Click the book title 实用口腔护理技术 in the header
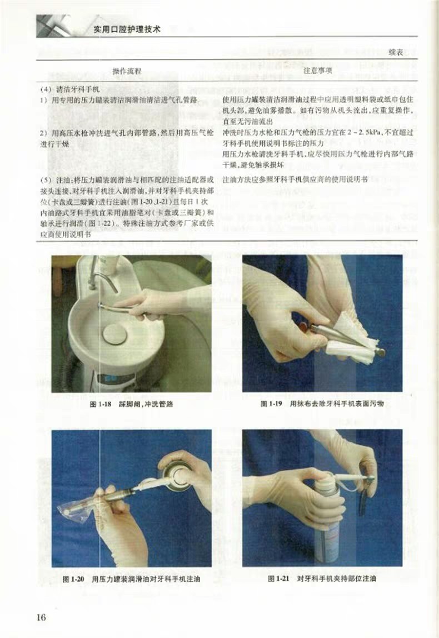pos(126,29)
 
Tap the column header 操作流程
pos(127,71)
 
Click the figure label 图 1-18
pos(100,404)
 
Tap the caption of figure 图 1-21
pos(322,579)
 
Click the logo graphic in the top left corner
pos(54,27)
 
